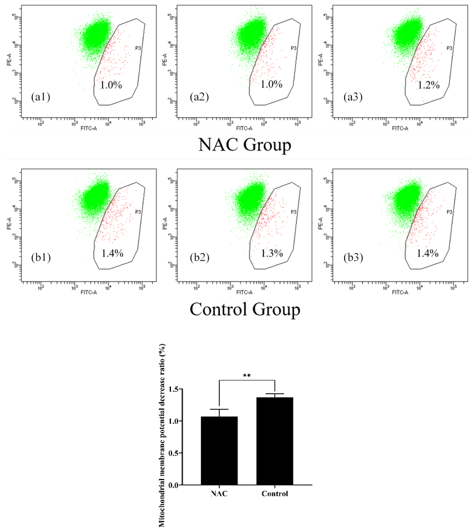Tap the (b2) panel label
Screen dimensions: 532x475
coord(198,259)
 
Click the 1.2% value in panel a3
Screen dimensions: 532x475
coord(429,85)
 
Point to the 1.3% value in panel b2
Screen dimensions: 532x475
coord(272,253)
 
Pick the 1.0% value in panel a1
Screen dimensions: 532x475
coord(111,85)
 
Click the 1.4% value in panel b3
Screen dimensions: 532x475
coord(428,253)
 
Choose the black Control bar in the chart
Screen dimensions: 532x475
coord(275,441)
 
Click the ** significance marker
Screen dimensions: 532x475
coord(247,376)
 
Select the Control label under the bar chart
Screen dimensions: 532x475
coord(275,494)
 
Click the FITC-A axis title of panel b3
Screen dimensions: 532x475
coord(400,292)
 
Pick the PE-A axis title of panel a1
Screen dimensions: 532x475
coord(9,60)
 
